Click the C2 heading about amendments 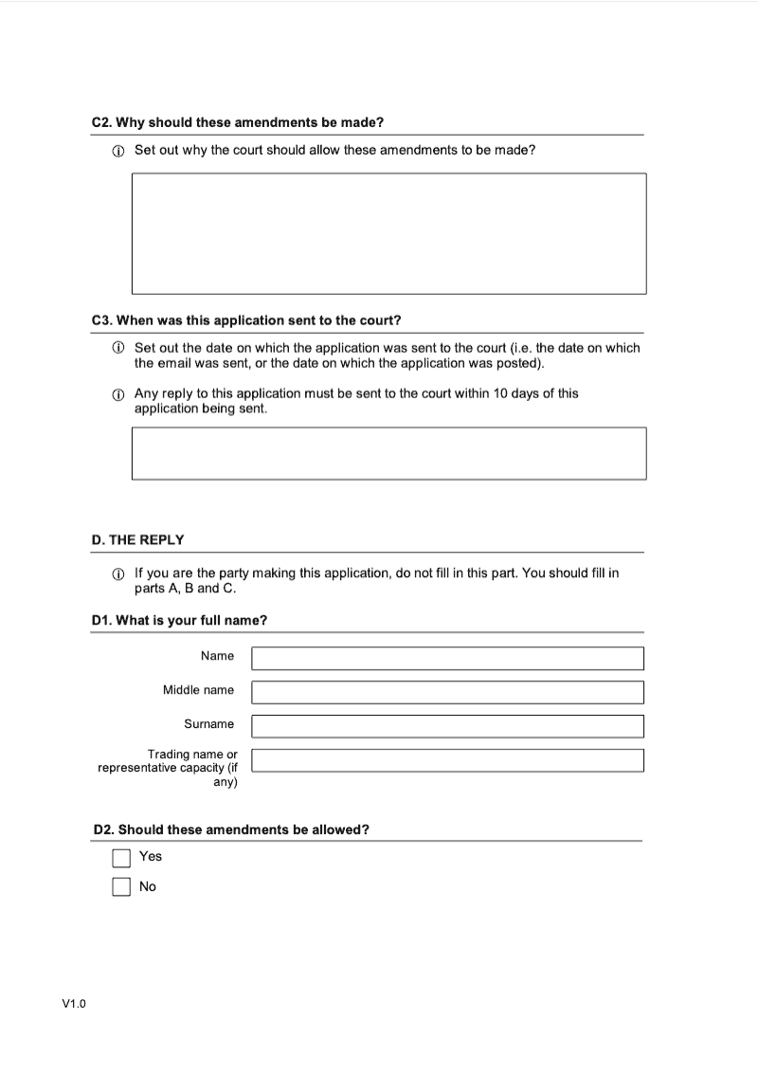pyautogui.click(x=237, y=122)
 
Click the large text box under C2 pyautogui.click(x=388, y=233)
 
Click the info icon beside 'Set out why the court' pyautogui.click(x=118, y=151)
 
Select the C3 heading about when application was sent pyautogui.click(x=246, y=320)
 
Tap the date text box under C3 pyautogui.click(x=388, y=453)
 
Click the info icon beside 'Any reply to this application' pyautogui.click(x=118, y=394)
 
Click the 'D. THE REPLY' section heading pyautogui.click(x=138, y=539)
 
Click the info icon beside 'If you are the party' pyautogui.click(x=118, y=574)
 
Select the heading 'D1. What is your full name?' pyautogui.click(x=179, y=621)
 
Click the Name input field pyautogui.click(x=447, y=658)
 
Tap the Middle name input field pyautogui.click(x=447, y=692)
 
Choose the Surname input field pyautogui.click(x=447, y=726)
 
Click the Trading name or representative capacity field pyautogui.click(x=447, y=760)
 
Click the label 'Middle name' pyautogui.click(x=198, y=690)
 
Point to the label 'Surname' pyautogui.click(x=208, y=724)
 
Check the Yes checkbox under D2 pyautogui.click(x=121, y=858)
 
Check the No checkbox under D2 pyautogui.click(x=121, y=887)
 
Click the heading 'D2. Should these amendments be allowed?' pyautogui.click(x=231, y=829)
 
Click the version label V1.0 pyautogui.click(x=74, y=1004)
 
